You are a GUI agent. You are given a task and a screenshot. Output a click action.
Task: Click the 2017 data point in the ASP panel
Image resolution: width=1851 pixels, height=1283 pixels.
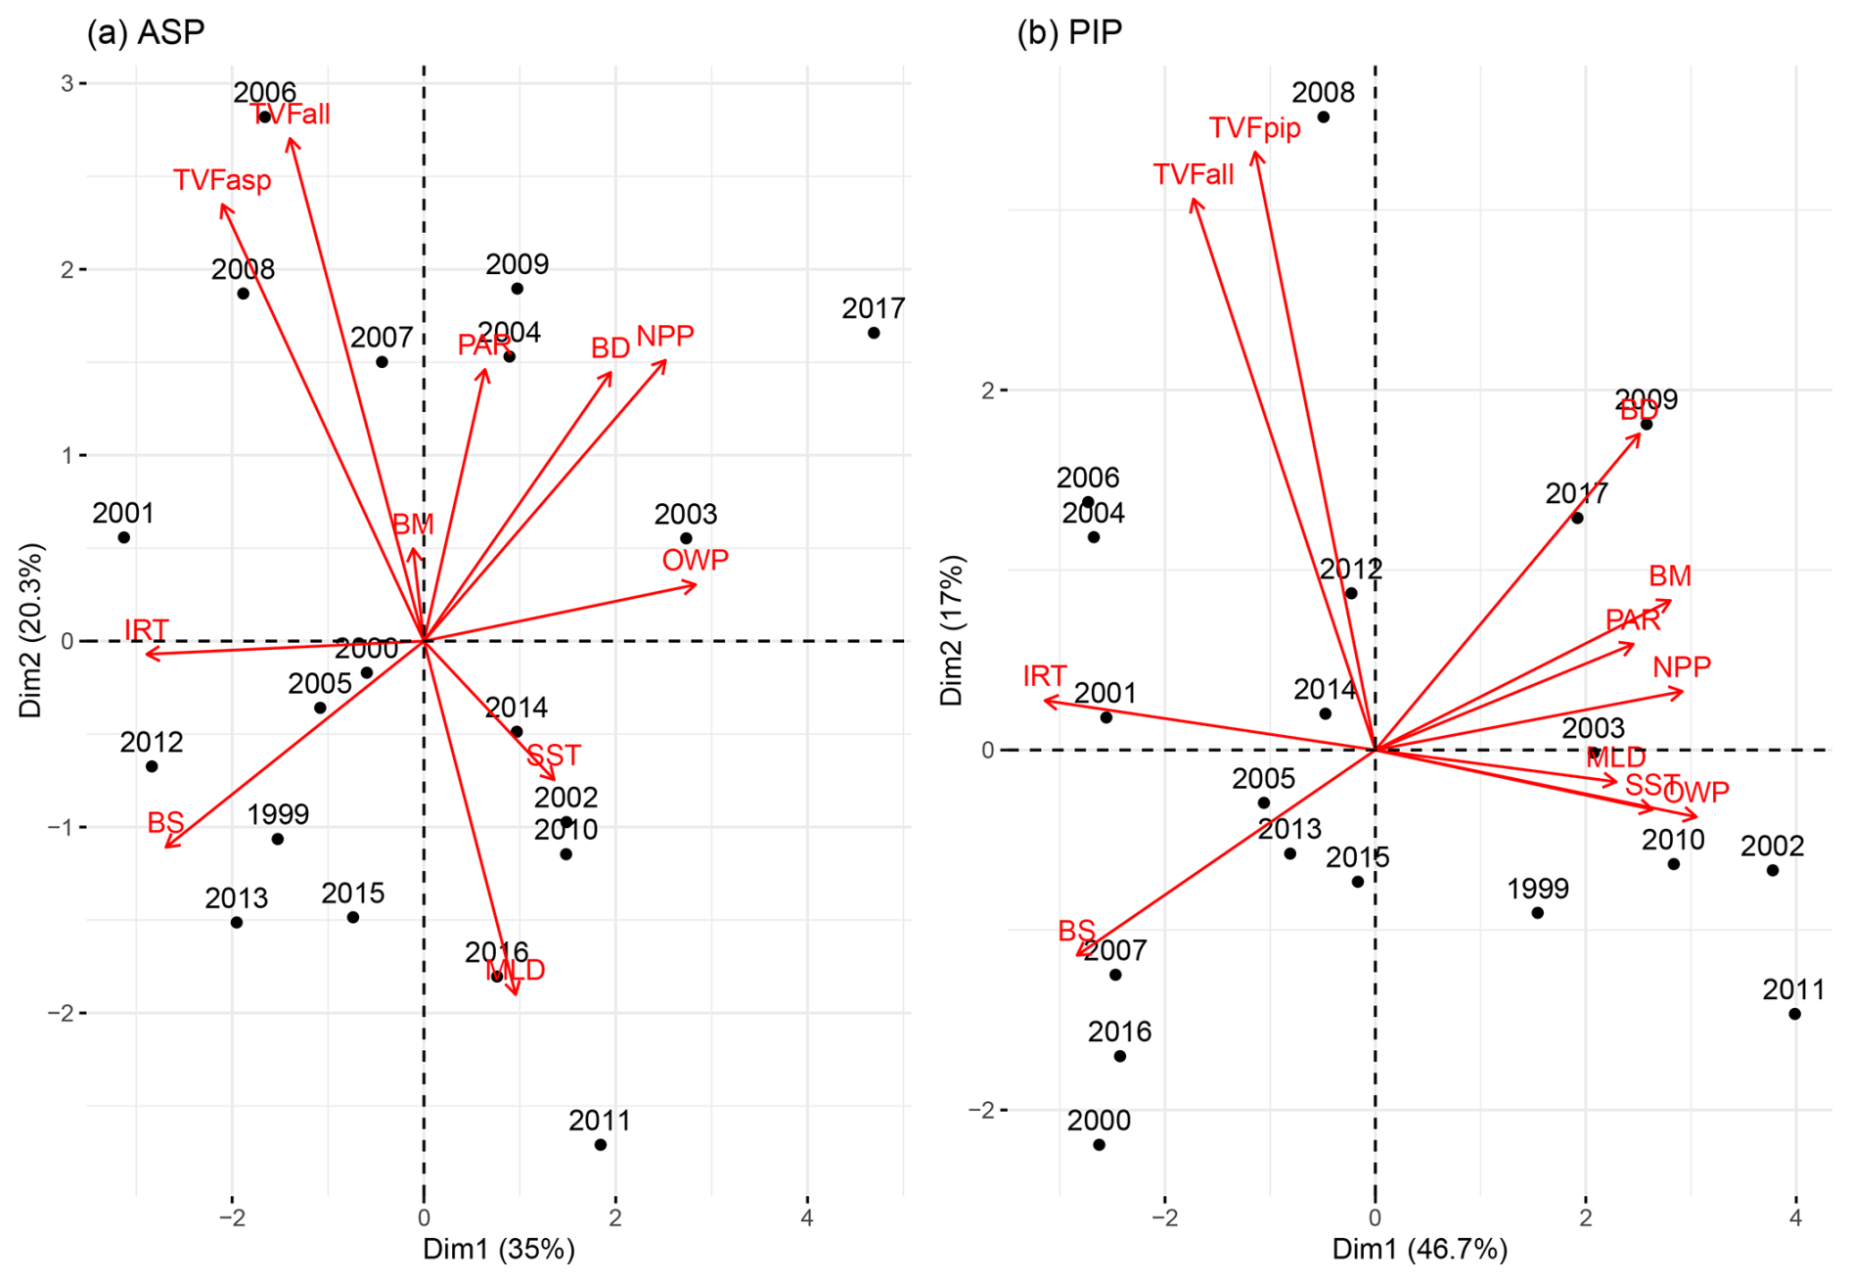click(x=874, y=333)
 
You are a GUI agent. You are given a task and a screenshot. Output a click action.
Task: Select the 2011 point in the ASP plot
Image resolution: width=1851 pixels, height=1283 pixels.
click(x=601, y=1144)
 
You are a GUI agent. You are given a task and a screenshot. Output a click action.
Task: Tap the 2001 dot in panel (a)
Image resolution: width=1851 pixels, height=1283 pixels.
click(x=124, y=537)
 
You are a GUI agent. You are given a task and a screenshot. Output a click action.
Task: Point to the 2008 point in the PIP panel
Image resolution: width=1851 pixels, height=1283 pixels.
click(x=1324, y=117)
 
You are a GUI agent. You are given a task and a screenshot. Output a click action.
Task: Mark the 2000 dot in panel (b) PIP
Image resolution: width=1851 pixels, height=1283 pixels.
click(x=1099, y=1144)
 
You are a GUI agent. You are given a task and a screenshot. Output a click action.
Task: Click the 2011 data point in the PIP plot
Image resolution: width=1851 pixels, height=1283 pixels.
click(x=1794, y=1014)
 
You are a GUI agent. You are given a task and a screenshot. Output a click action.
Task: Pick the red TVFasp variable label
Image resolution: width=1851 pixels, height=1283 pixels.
click(x=222, y=180)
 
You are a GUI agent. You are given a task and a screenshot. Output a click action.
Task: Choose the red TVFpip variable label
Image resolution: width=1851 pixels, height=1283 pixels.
click(x=1254, y=128)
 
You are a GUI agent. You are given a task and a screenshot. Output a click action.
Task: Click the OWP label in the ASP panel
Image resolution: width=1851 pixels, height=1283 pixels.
click(x=695, y=560)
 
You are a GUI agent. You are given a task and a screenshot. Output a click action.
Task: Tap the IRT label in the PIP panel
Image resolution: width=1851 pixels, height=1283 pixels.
click(x=1044, y=675)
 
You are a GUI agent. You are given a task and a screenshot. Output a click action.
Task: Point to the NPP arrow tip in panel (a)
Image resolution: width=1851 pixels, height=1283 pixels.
click(x=666, y=361)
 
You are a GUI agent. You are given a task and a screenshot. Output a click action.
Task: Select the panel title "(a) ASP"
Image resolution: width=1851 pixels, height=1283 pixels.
click(x=146, y=32)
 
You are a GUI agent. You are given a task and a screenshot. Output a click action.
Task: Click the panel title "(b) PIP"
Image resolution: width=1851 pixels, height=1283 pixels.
click(x=1069, y=32)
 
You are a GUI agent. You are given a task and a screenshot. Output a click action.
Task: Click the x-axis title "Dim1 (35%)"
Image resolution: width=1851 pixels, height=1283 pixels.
click(x=498, y=1249)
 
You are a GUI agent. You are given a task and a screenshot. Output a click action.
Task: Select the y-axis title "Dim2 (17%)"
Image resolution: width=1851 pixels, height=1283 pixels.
click(x=952, y=629)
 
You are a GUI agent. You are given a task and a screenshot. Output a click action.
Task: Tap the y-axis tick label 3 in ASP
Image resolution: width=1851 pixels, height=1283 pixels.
click(x=68, y=83)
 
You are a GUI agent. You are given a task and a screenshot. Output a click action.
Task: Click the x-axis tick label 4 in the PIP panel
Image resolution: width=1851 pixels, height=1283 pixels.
click(x=1795, y=1218)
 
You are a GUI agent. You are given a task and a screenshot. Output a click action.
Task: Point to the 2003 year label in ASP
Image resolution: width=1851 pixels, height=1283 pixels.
click(x=686, y=514)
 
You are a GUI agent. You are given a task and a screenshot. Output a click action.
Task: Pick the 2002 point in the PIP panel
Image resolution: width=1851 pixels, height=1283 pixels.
click(x=1773, y=870)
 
